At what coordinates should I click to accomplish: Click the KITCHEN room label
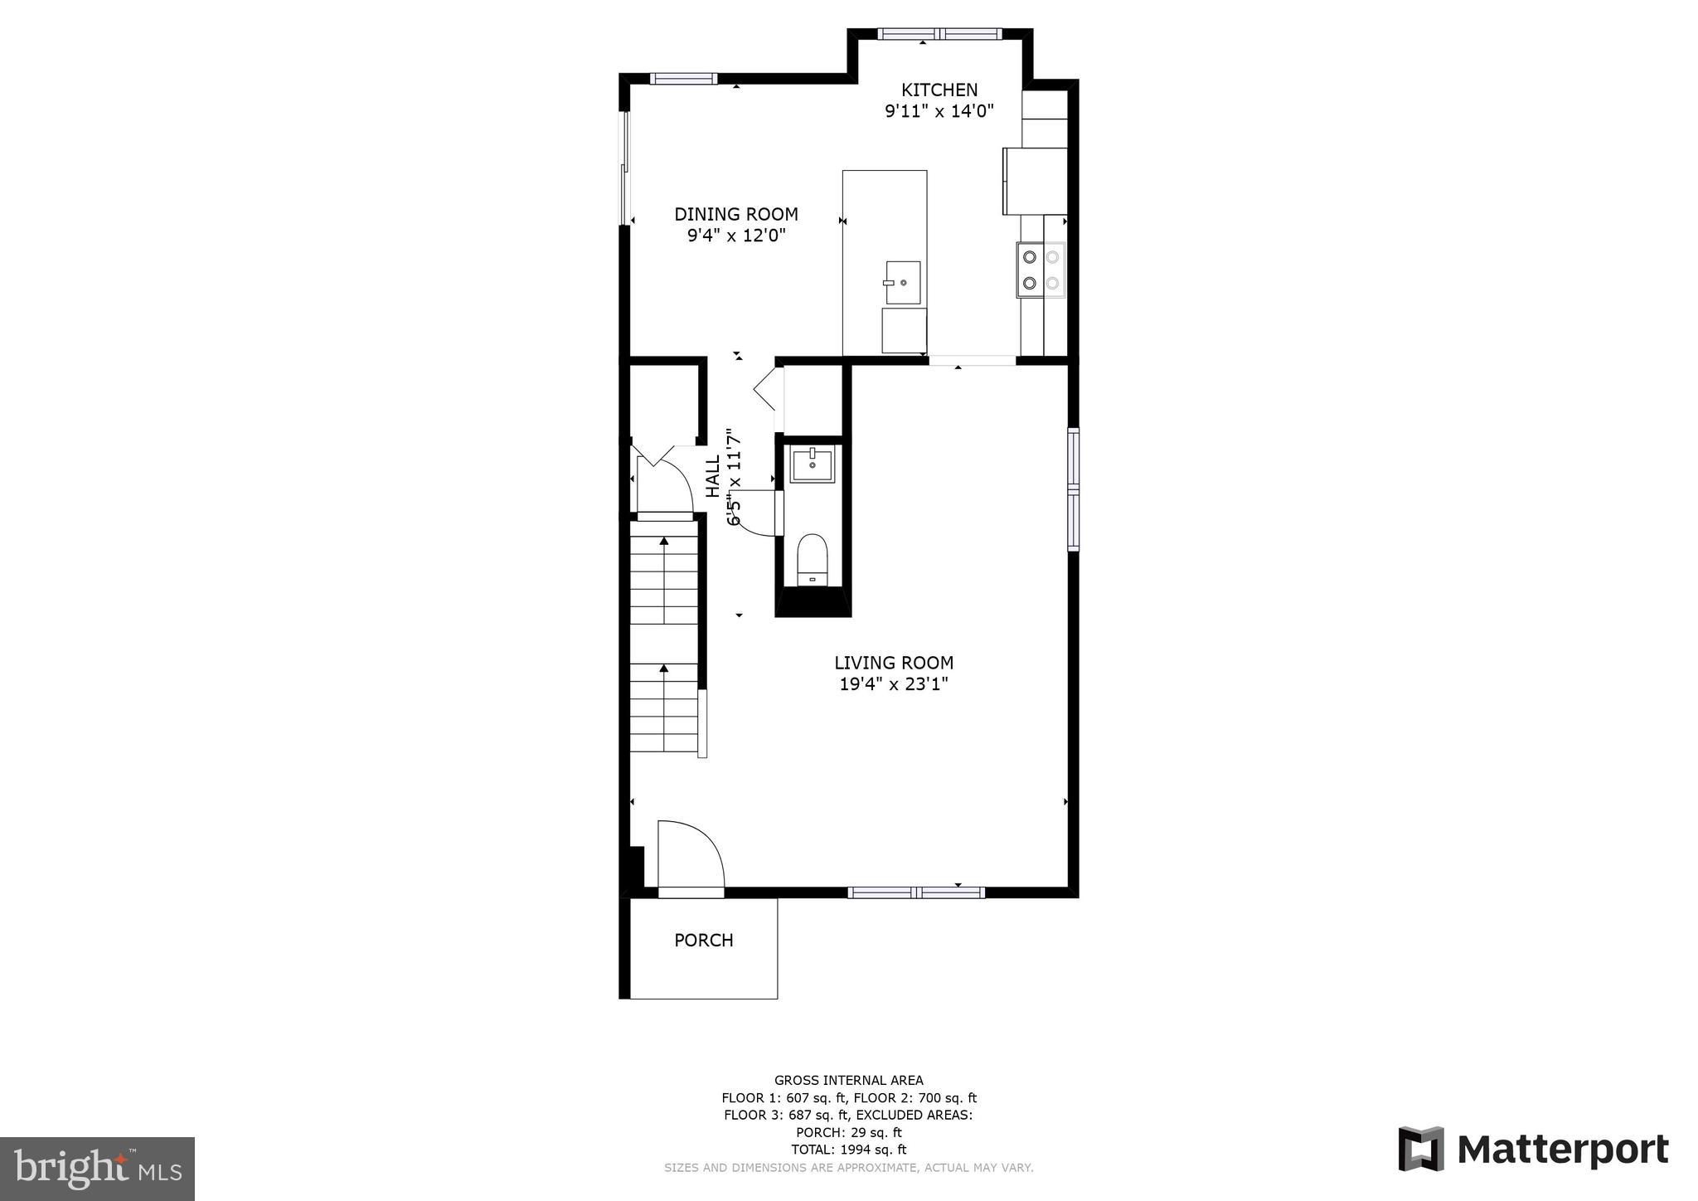coord(939,90)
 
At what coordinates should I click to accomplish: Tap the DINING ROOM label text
coord(735,214)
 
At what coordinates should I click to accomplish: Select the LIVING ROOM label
coord(893,663)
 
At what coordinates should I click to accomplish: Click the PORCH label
coord(703,940)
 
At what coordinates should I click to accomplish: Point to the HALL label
coord(713,476)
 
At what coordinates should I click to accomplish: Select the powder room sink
coord(812,464)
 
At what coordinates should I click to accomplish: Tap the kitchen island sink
coord(902,282)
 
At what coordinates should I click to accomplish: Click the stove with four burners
coord(1041,270)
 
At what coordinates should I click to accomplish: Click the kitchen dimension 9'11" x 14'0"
coord(939,111)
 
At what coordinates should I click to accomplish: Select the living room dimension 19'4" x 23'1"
coord(893,684)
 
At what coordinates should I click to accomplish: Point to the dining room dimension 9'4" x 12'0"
coord(735,236)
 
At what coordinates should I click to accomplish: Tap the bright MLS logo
coord(97,1169)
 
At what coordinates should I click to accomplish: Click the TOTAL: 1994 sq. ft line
coord(848,1150)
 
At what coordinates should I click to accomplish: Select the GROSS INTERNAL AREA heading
coord(848,1080)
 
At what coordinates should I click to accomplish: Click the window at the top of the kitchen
coord(939,34)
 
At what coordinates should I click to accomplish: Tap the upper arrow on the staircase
coord(663,542)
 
